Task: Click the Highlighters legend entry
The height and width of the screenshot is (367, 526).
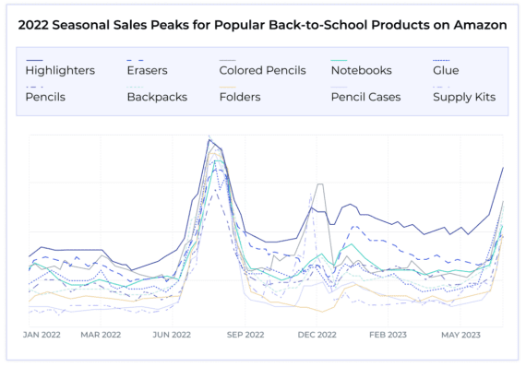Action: pyautogui.click(x=60, y=71)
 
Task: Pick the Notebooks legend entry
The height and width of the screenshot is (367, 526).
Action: pyautogui.click(x=362, y=71)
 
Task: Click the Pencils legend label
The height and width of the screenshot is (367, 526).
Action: pyautogui.click(x=46, y=97)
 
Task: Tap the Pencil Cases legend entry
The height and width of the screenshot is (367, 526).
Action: pyautogui.click(x=365, y=97)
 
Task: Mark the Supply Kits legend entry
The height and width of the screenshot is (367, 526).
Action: pyautogui.click(x=465, y=97)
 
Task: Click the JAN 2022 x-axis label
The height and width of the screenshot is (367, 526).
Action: pyautogui.click(x=42, y=336)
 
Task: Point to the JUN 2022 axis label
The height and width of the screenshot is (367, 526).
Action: pyautogui.click(x=172, y=336)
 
